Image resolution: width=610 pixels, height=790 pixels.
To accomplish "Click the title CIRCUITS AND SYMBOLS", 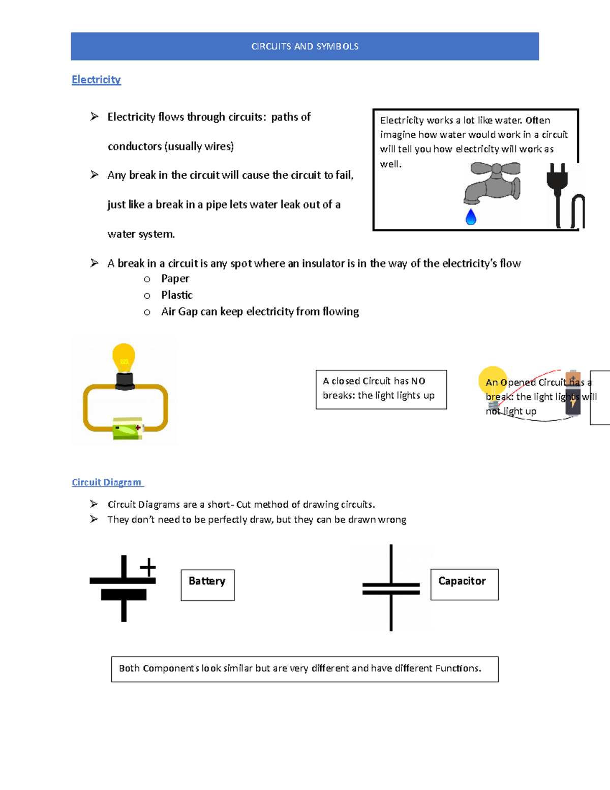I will [x=304, y=46].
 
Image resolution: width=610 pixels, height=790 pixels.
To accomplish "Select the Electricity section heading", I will [x=96, y=80].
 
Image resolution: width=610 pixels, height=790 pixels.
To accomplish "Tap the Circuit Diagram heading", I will [x=107, y=482].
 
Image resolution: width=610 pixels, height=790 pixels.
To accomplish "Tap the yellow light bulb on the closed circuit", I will [x=124, y=358].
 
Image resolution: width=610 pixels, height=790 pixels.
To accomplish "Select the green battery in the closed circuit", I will [x=128, y=428].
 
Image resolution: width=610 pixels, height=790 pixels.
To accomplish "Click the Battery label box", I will [x=207, y=585].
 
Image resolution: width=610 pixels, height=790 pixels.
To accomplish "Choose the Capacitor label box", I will [x=464, y=584].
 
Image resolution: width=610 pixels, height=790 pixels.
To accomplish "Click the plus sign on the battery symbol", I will [x=148, y=567].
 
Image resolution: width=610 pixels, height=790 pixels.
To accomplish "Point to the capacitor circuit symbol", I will [x=391, y=588].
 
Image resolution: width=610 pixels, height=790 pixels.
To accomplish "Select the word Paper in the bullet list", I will [x=175, y=279].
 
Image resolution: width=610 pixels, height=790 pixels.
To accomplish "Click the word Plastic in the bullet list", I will [x=177, y=295].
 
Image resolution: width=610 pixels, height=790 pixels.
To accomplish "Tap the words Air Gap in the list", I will [x=179, y=312].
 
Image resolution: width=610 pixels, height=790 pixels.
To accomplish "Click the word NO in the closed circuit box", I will [x=418, y=381].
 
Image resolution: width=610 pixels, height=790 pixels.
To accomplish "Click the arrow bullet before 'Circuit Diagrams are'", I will [x=94, y=504].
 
